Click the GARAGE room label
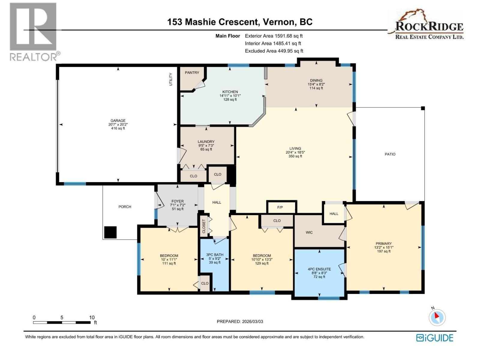[x=118, y=121]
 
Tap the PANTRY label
[x=192, y=73]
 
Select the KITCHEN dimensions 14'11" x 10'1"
[x=230, y=96]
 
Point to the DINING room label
[x=316, y=80]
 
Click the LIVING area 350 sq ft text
[x=295, y=156]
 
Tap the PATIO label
[x=390, y=154]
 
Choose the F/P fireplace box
[x=280, y=207]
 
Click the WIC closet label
[x=309, y=232]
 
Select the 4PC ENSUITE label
[x=319, y=269]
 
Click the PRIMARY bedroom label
[x=384, y=244]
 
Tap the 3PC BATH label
[x=215, y=255]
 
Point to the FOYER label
[x=178, y=201]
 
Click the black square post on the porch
[x=110, y=232]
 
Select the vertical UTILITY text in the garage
[x=171, y=79]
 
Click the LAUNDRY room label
[x=206, y=142]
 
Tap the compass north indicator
[x=437, y=317]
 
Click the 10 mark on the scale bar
[x=92, y=317]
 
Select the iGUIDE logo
[x=435, y=338]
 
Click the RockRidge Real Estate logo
[x=426, y=25]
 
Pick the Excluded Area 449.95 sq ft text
[x=274, y=51]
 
